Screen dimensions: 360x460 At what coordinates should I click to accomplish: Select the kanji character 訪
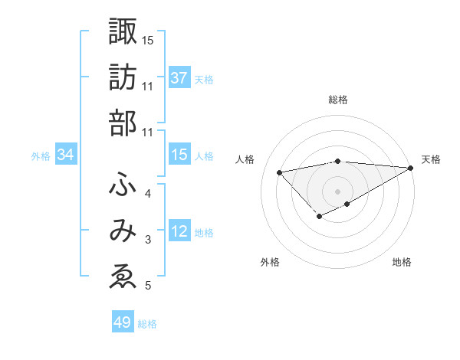point(123,77)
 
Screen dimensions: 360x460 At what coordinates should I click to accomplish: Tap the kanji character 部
point(123,123)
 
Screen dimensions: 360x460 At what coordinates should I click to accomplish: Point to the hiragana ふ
point(123,184)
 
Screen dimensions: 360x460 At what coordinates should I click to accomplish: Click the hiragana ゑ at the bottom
point(123,277)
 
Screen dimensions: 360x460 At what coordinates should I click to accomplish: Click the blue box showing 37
point(179,78)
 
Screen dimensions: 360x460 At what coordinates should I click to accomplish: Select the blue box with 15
point(179,155)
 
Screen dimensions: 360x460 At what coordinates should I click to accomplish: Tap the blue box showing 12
point(179,231)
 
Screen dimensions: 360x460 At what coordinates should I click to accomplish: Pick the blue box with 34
point(66,155)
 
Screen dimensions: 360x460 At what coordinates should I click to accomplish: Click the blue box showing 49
point(122,322)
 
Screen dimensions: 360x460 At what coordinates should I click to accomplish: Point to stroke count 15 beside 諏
point(148,39)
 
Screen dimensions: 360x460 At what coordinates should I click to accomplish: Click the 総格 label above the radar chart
point(337,100)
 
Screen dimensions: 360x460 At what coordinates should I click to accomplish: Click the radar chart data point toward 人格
point(279,172)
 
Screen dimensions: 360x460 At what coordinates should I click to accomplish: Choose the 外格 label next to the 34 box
point(41,156)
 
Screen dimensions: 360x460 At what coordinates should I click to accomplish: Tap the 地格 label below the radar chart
point(402,263)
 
